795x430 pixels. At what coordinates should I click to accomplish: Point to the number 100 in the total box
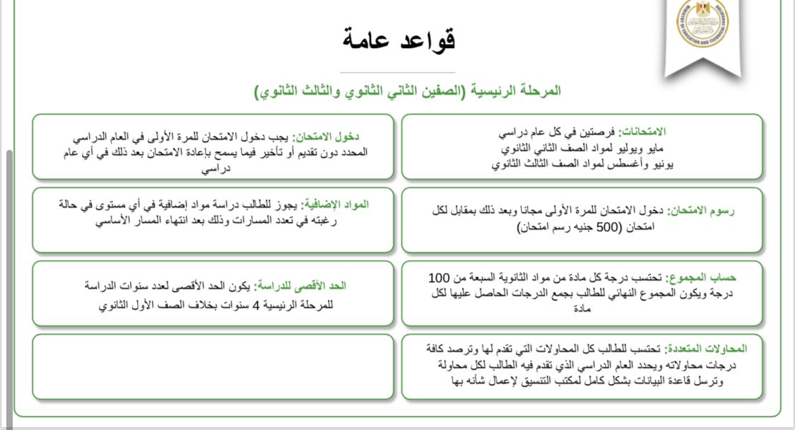click(439, 277)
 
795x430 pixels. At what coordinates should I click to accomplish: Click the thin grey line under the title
click(397, 72)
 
